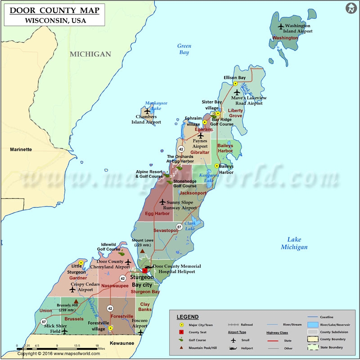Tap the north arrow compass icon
click(351, 9)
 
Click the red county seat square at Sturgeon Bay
click(145, 271)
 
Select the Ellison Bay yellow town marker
click(235, 84)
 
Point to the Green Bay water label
click(184, 49)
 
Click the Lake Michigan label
click(294, 243)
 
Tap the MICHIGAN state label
click(90, 54)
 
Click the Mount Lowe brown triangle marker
click(143, 251)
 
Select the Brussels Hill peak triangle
click(76, 301)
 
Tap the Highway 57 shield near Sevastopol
click(179, 227)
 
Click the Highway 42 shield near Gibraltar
click(181, 149)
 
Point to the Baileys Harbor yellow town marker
click(216, 166)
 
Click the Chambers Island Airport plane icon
click(147, 111)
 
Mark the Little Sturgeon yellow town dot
click(81, 263)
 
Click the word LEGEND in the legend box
click(188, 317)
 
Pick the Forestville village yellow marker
click(110, 328)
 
